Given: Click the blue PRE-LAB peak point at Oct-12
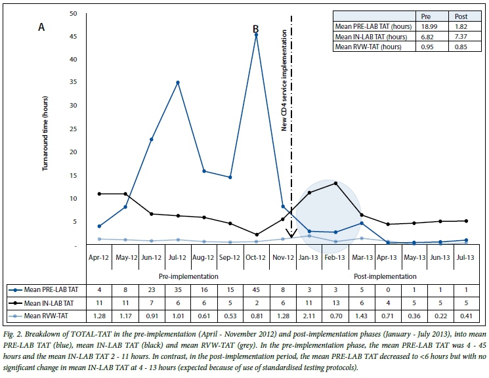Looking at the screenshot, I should click(x=256, y=35).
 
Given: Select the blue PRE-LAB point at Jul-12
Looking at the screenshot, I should click(x=177, y=83).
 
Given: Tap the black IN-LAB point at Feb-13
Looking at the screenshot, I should click(x=335, y=183).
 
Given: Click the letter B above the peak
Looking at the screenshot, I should click(x=256, y=29).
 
